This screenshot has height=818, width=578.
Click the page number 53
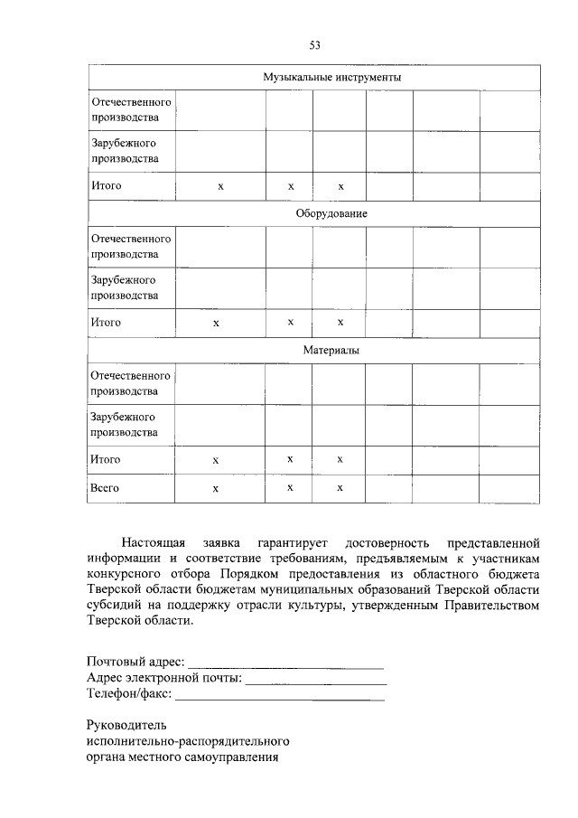tap(315, 45)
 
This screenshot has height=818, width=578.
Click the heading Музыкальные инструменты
tap(331, 78)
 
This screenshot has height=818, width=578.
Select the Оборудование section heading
tap(331, 213)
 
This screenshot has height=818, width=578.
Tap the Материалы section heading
tap(331, 350)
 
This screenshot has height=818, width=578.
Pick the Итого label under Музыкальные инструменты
tap(106, 186)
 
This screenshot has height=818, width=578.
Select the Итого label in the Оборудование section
tap(106, 322)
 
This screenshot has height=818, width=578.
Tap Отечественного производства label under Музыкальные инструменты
tap(131, 108)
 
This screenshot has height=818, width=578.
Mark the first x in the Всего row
tap(216, 488)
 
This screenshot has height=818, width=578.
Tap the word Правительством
tap(490, 606)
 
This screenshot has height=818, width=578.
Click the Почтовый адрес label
tap(136, 664)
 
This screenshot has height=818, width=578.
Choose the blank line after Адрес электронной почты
tap(316, 681)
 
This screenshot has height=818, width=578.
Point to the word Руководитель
tap(127, 726)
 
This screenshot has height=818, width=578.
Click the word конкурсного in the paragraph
tap(125, 575)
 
